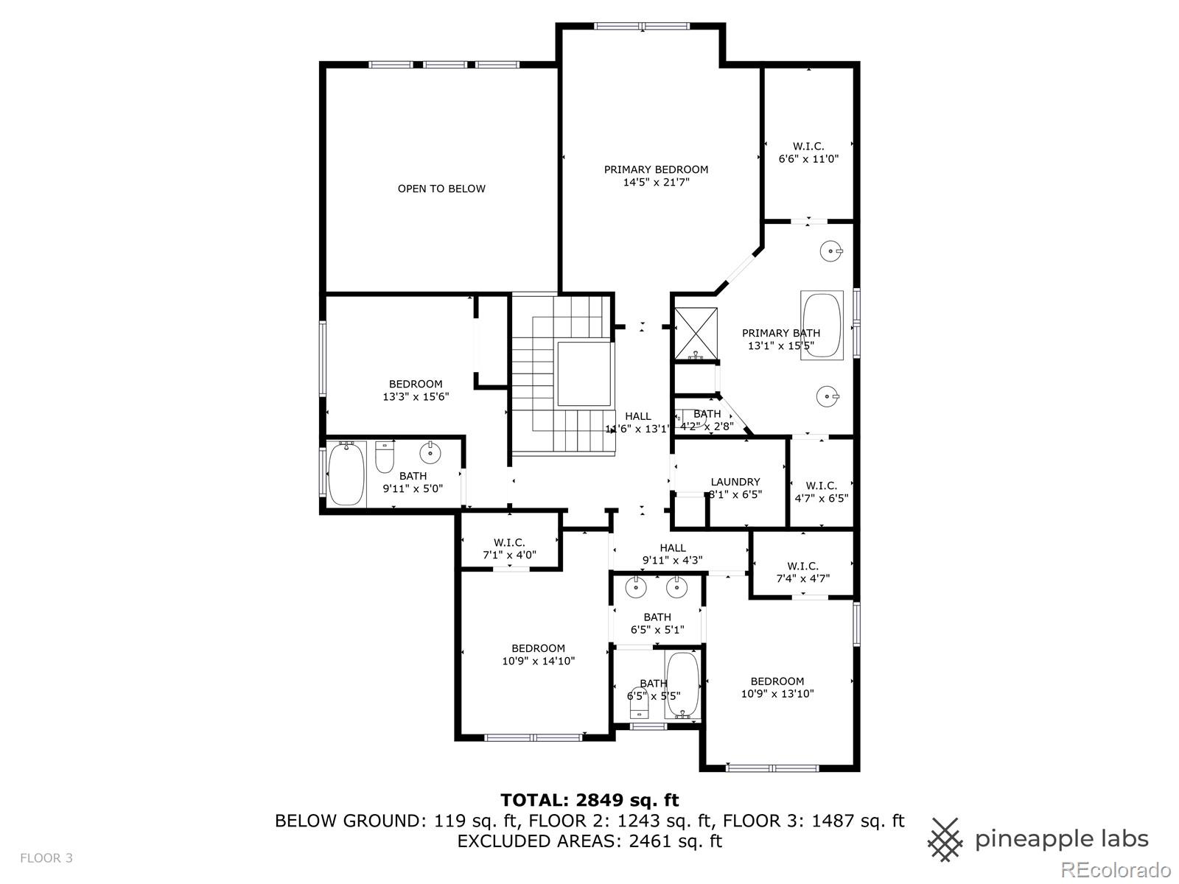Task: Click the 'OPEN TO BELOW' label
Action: [x=441, y=189]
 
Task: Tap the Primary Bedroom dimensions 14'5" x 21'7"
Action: [x=656, y=182]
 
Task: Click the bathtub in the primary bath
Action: [x=822, y=325]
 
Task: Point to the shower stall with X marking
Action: [x=696, y=333]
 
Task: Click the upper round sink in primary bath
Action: [x=831, y=251]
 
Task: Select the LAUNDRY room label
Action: [x=735, y=482]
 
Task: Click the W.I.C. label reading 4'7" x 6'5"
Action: [x=821, y=491]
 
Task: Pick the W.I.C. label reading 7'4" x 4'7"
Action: [x=802, y=572]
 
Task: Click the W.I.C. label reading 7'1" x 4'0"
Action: [x=509, y=549]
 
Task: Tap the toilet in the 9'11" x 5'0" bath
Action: [x=385, y=457]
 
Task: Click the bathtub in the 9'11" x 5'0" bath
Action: [x=346, y=473]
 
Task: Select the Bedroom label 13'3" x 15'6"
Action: [x=416, y=390]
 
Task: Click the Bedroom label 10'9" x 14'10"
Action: [x=538, y=654]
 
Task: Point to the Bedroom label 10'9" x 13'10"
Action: [x=777, y=687]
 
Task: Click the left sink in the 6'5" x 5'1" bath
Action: [x=634, y=588]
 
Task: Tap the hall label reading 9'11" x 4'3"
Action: [x=672, y=553]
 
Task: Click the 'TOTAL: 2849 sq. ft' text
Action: [x=589, y=800]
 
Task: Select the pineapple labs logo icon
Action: [x=945, y=839]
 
